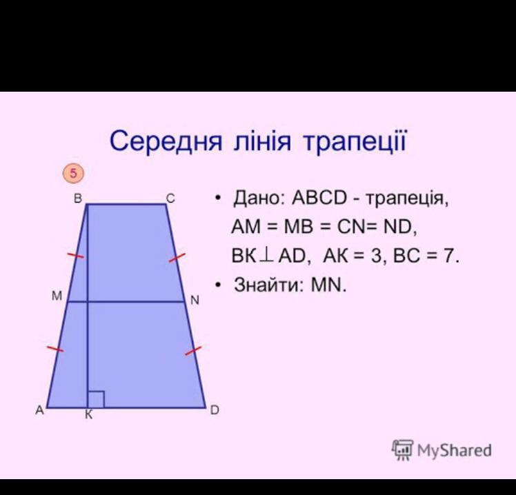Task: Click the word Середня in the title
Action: click(166, 141)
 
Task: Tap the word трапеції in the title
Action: click(355, 141)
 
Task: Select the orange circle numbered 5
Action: click(73, 173)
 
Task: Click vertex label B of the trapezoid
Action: click(78, 199)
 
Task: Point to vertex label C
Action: click(170, 199)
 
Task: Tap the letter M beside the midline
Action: click(57, 296)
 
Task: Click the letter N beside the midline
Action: click(195, 301)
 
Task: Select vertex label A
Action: click(40, 410)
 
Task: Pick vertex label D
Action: click(215, 410)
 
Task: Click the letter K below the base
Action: click(88, 415)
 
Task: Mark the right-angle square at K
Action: click(96, 399)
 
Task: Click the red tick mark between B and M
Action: click(75, 255)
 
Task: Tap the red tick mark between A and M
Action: click(55, 349)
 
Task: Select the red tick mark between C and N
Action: click(177, 258)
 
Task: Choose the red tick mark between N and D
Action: click(193, 351)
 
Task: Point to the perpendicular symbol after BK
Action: click(266, 256)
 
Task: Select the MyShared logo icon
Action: click(402, 449)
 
